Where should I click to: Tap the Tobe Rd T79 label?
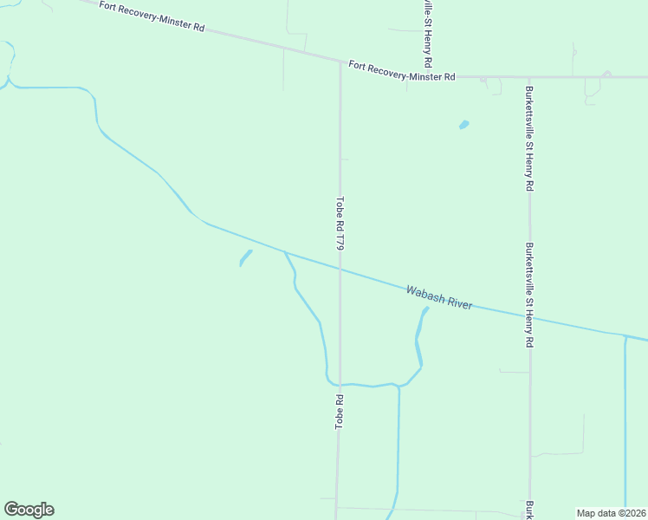[340, 224]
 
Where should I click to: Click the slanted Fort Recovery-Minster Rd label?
[152, 16]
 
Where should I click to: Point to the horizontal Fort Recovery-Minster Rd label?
[402, 71]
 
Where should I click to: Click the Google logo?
[29, 510]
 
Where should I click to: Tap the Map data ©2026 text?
[612, 512]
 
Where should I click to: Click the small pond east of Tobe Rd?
[463, 125]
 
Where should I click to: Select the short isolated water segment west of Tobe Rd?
[245, 257]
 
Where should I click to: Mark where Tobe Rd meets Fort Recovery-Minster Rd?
[340, 62]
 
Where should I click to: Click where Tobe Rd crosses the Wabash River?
[340, 269]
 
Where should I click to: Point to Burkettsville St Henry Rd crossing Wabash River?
[530, 317]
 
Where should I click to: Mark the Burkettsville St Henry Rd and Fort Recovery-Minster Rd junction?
[528, 76]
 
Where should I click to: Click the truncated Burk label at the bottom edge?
[528, 510]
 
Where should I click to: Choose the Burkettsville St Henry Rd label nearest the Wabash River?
[528, 295]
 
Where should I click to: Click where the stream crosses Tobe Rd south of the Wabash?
[339, 384]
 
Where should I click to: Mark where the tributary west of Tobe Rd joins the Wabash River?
[284, 252]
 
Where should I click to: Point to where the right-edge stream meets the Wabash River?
[625, 335]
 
